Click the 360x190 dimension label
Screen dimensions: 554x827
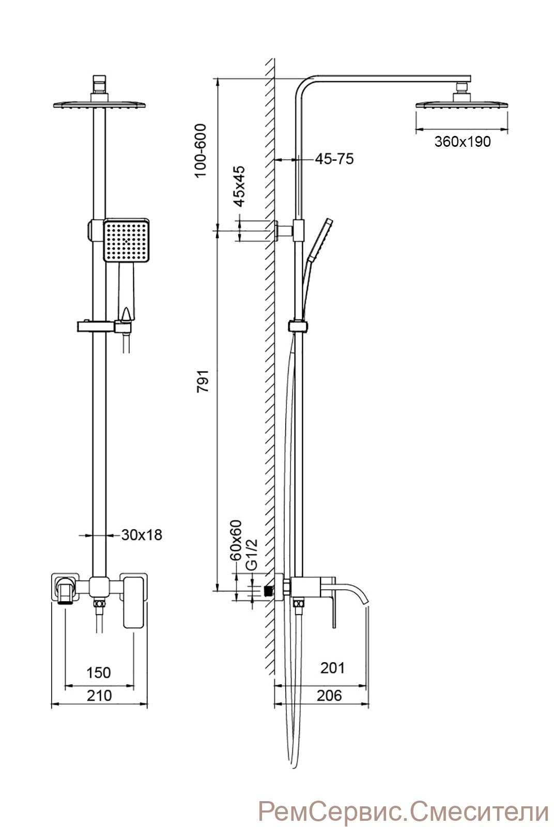point(463,142)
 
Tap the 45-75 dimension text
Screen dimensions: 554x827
point(334,159)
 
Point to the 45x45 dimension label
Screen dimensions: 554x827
point(239,186)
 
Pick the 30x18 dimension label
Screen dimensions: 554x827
point(142,535)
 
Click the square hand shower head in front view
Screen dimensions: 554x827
point(126,240)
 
